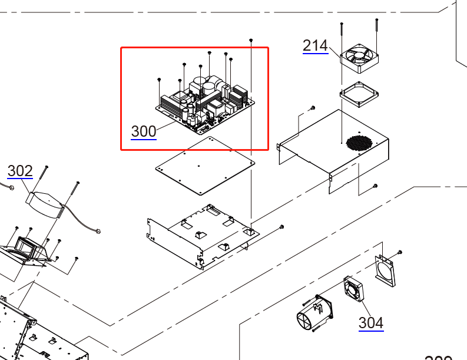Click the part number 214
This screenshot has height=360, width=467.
(315, 45)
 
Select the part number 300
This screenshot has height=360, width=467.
(144, 131)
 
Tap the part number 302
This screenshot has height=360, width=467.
(20, 171)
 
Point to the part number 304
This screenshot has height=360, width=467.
(371, 322)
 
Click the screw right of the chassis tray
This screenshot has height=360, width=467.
(282, 227)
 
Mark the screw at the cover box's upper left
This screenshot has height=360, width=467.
(312, 108)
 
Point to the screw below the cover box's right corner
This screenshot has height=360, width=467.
(375, 186)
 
